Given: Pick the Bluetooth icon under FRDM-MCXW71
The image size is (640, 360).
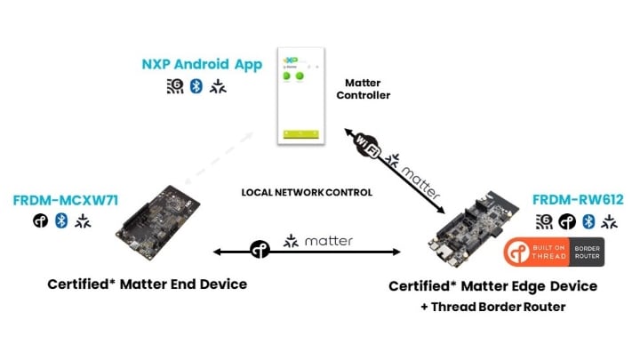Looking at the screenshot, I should click(x=61, y=220).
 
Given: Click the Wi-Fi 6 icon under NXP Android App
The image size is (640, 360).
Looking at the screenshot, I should click(x=175, y=86).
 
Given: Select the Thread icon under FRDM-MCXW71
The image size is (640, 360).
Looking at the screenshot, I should click(x=41, y=220).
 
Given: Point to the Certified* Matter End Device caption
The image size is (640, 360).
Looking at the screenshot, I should click(x=147, y=284).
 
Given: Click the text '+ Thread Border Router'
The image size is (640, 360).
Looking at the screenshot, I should click(x=492, y=307).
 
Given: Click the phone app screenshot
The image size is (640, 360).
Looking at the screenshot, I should click(x=301, y=92).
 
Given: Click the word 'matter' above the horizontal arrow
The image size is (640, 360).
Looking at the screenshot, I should click(x=328, y=241).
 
